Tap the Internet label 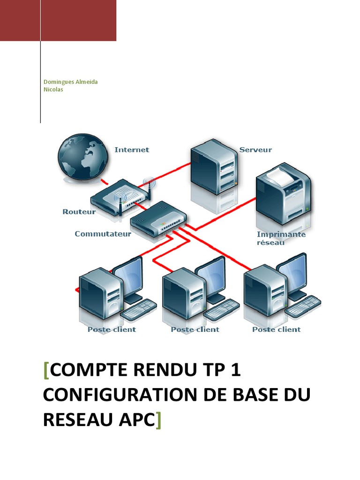tap(132, 150)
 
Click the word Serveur tap(255, 150)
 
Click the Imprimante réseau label tap(281, 238)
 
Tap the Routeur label tap(79, 212)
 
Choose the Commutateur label tap(103, 233)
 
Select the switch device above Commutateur tap(159, 220)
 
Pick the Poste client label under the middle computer tap(195, 330)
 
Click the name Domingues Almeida tap(70, 82)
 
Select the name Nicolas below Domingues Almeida tap(53, 90)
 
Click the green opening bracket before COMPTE tap(45, 370)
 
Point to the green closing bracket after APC tap(157, 420)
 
